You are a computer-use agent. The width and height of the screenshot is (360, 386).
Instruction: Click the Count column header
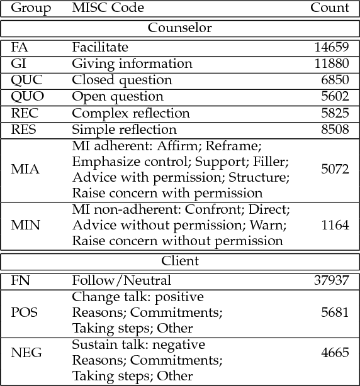click(329, 8)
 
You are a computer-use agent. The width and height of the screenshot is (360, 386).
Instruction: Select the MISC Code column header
click(108, 8)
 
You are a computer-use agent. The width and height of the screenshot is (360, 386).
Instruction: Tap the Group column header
click(31, 8)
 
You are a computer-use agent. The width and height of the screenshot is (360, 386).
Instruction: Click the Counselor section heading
click(180, 28)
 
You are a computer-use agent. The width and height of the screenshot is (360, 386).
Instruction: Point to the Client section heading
click(180, 261)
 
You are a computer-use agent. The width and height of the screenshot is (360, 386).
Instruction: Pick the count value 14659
click(331, 47)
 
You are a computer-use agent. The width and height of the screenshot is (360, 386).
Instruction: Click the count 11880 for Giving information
click(331, 63)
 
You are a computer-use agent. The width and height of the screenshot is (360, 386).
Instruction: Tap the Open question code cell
click(118, 97)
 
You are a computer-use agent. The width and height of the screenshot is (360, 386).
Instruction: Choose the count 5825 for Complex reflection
click(335, 113)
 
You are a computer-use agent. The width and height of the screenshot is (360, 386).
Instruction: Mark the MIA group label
click(25, 170)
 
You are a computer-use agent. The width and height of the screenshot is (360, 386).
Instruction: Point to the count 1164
click(335, 226)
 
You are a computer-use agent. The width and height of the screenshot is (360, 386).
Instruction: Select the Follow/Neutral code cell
click(121, 280)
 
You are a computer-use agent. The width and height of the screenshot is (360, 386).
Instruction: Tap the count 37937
click(331, 280)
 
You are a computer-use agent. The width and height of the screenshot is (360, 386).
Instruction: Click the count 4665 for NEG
click(335, 353)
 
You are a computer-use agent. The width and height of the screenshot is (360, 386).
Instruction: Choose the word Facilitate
click(100, 47)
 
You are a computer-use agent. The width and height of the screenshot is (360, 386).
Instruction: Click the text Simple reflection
click(124, 130)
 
